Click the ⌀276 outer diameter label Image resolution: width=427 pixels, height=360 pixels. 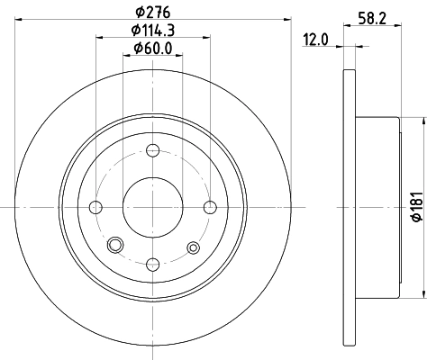click(151, 13)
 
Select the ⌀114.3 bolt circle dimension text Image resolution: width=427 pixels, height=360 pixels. click(151, 31)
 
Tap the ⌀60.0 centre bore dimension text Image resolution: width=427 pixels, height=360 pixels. click(151, 49)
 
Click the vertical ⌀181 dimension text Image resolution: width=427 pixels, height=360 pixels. click(415, 208)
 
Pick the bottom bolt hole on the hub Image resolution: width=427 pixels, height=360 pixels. click(152, 264)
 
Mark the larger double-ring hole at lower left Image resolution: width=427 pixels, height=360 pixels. click(114, 246)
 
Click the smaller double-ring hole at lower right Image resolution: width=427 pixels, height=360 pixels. click(192, 246)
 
